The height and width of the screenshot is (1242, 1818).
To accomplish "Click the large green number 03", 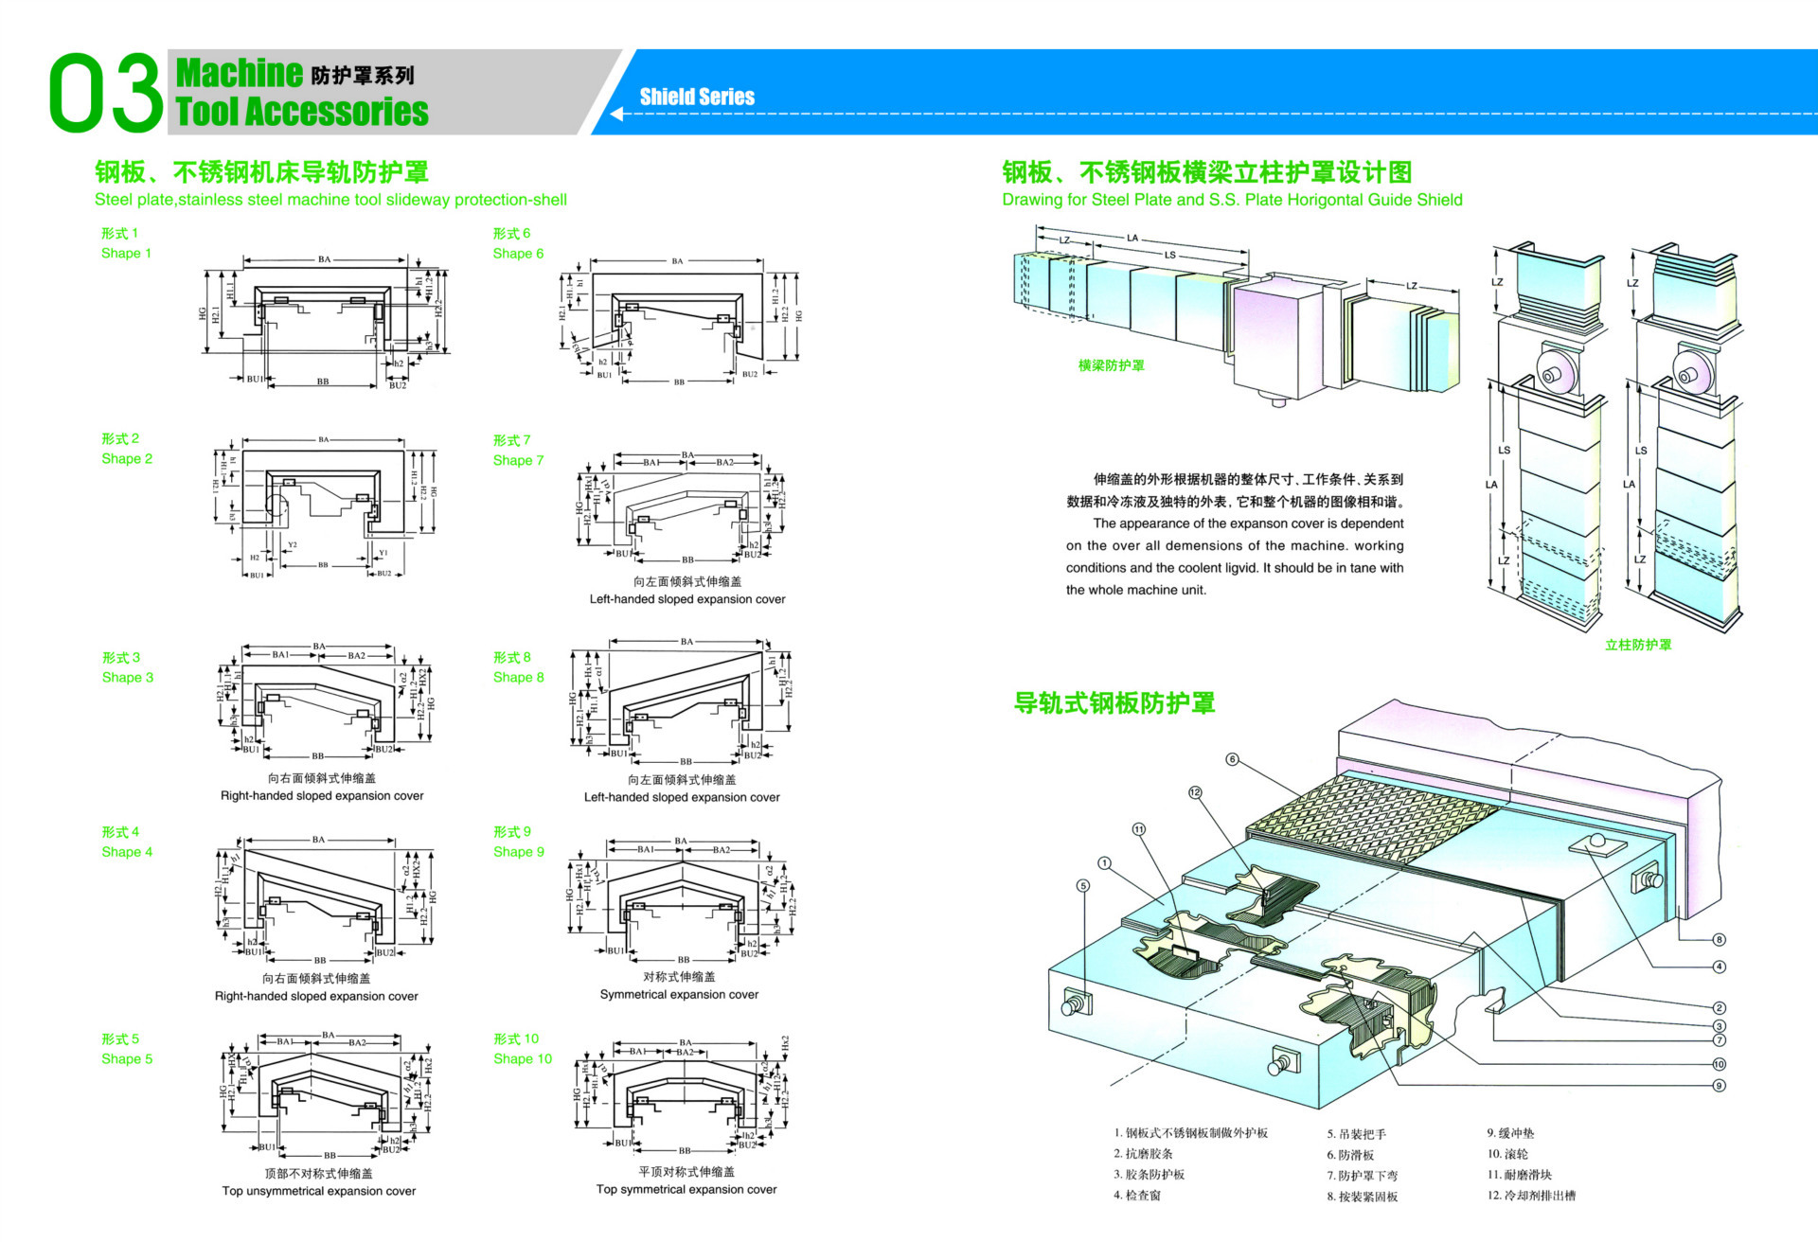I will (105, 93).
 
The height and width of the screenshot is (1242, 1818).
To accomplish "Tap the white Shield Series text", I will (697, 97).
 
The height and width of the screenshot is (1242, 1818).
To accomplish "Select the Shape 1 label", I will (125, 243).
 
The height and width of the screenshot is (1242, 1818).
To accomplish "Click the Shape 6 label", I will (517, 243).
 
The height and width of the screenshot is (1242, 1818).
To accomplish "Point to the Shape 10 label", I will (522, 1049).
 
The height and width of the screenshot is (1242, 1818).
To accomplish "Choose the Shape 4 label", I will (126, 843).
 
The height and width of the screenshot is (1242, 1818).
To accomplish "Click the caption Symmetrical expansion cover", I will (679, 995).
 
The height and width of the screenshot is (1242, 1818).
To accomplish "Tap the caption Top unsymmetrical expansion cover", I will (318, 1191).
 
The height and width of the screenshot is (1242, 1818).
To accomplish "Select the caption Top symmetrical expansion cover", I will (686, 1190).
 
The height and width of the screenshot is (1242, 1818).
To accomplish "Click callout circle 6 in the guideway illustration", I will (1232, 759).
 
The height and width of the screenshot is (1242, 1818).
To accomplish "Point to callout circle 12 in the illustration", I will (1195, 792).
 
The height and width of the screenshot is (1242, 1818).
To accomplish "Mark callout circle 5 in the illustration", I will (1083, 886).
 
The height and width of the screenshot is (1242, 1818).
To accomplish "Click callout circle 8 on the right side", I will (1719, 940).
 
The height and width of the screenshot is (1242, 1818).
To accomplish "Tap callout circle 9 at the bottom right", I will (1719, 1086).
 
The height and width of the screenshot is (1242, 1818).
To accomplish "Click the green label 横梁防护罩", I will (1111, 365).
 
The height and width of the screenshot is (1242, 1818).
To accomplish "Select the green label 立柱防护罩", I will (1638, 645).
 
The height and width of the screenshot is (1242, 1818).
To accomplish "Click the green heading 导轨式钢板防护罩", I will (1114, 703).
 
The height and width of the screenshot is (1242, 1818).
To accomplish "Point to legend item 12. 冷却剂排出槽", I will (1531, 1196).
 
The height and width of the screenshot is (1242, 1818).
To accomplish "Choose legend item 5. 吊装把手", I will (1356, 1134).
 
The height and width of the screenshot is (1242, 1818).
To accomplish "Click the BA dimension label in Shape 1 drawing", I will (324, 259).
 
